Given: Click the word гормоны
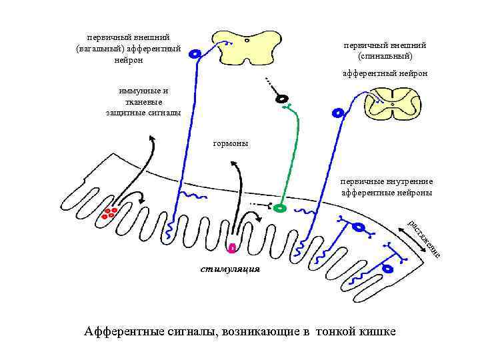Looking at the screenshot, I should pos(230,143).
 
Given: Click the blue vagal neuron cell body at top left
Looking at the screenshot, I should pos(195,54).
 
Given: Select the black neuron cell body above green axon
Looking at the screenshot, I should pos(283,99).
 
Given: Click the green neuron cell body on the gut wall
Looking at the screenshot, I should pos(280,208).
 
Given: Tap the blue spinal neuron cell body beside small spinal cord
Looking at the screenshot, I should pos(339,113).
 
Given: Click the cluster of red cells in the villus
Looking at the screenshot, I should pos(110,213).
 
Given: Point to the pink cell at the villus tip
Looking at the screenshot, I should pos(232,249).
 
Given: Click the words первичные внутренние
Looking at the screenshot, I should pos(386,181).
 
